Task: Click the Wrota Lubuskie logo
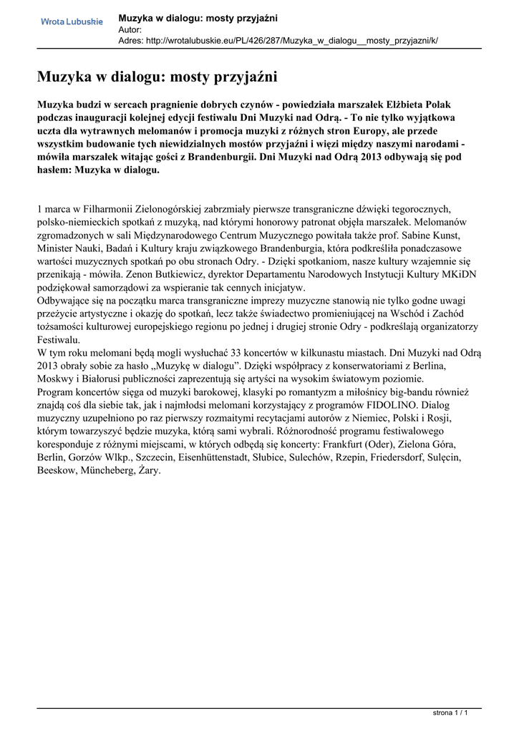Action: pyautogui.click(x=72, y=22)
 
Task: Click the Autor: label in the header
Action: pyautogui.click(x=130, y=29)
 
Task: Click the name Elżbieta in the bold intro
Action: pyautogui.click(x=414, y=104)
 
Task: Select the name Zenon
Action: pyautogui.click(x=190, y=274)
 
